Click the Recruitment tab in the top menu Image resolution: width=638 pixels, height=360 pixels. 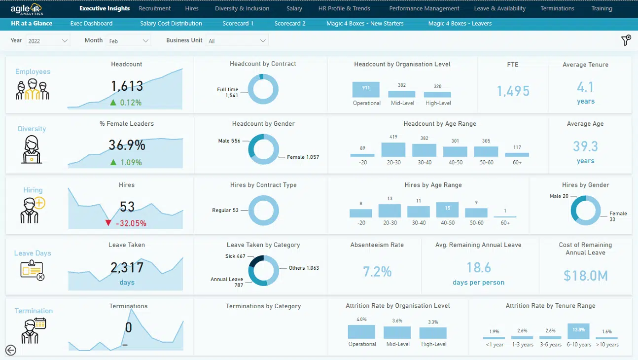click(155, 8)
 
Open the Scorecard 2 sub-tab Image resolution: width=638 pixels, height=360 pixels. click(290, 23)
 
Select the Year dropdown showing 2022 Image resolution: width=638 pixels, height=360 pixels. click(48, 41)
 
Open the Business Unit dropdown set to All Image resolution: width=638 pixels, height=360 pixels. click(237, 41)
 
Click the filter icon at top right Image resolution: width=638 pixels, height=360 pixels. click(626, 40)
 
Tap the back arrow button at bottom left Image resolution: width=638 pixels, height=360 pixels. click(10, 350)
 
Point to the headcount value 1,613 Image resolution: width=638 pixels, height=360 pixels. click(127, 86)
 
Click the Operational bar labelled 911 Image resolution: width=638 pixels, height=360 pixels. click(366, 89)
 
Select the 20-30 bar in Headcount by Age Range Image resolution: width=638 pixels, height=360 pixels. click(393, 149)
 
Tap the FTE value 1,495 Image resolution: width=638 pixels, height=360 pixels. click(513, 91)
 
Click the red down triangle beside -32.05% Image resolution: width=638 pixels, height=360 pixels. click(108, 223)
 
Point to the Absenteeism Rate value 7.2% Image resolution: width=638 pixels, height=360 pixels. click(377, 272)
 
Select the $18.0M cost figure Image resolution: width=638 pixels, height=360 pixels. click(585, 276)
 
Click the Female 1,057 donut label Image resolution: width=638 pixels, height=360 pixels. click(303, 157)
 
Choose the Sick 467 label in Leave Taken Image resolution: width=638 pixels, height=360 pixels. click(235, 256)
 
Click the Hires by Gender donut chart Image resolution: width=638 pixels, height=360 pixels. click(586, 211)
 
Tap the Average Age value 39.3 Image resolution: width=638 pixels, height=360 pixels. click(585, 146)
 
